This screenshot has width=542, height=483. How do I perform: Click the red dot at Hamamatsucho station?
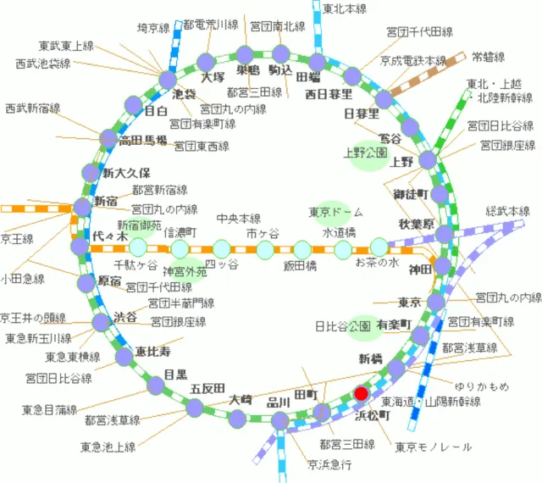coord(362,393)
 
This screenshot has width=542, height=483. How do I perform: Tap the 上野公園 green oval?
coord(365,154)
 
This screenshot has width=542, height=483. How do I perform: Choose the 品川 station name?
coord(279,402)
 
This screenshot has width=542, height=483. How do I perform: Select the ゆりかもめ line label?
coord(482,387)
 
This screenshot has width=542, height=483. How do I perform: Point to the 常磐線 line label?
coord(488,58)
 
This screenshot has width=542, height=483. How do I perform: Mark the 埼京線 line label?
coord(154,28)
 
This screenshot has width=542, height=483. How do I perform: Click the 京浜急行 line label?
coord(329,464)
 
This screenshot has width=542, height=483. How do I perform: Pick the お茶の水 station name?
coord(376,263)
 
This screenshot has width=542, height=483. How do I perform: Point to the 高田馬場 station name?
coord(143,141)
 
